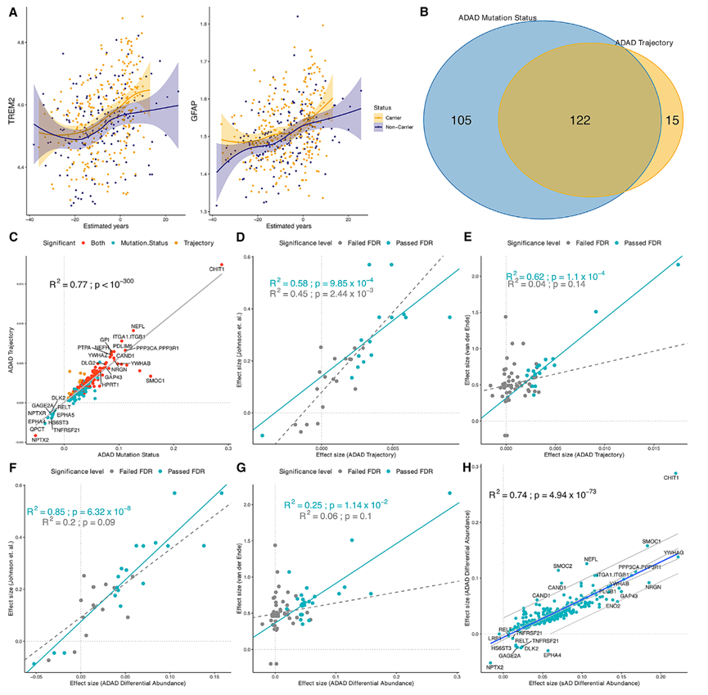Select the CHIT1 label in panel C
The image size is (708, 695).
click(218, 269)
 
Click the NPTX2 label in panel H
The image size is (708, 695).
click(494, 667)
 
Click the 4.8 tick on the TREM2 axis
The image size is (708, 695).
click(20, 42)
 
